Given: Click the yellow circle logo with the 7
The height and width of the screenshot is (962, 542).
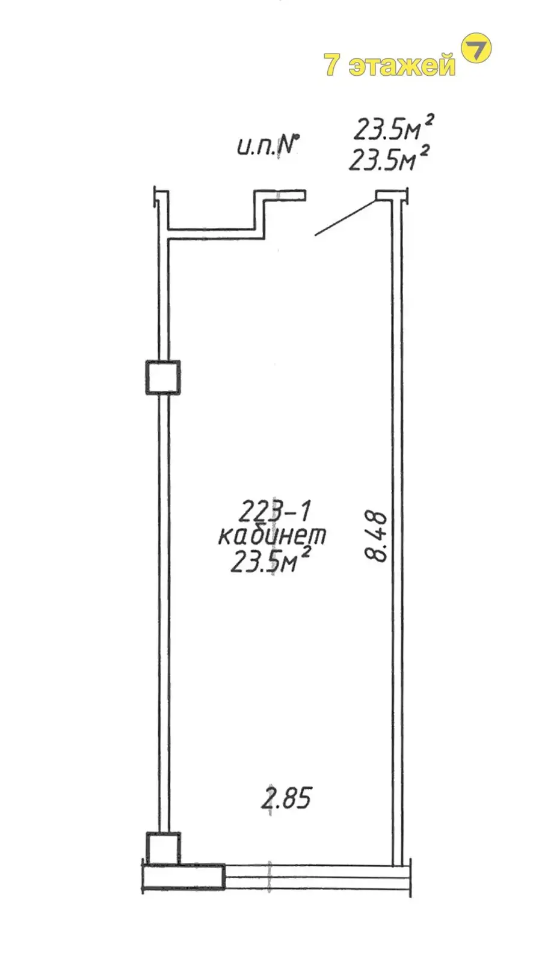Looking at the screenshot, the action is click(x=476, y=49).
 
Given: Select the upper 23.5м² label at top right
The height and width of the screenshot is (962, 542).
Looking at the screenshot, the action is click(x=392, y=127).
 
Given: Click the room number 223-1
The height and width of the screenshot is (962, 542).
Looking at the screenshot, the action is click(x=274, y=511).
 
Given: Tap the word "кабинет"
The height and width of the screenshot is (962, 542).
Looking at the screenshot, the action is click(x=273, y=536).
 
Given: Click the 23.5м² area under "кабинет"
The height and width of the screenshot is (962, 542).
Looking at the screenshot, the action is click(x=271, y=561).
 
